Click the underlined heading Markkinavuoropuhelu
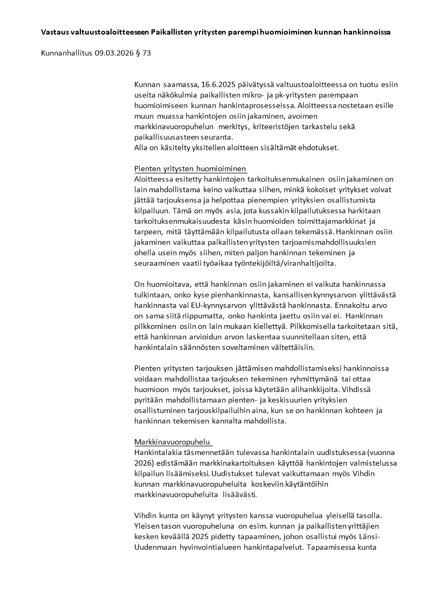point(172,442)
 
